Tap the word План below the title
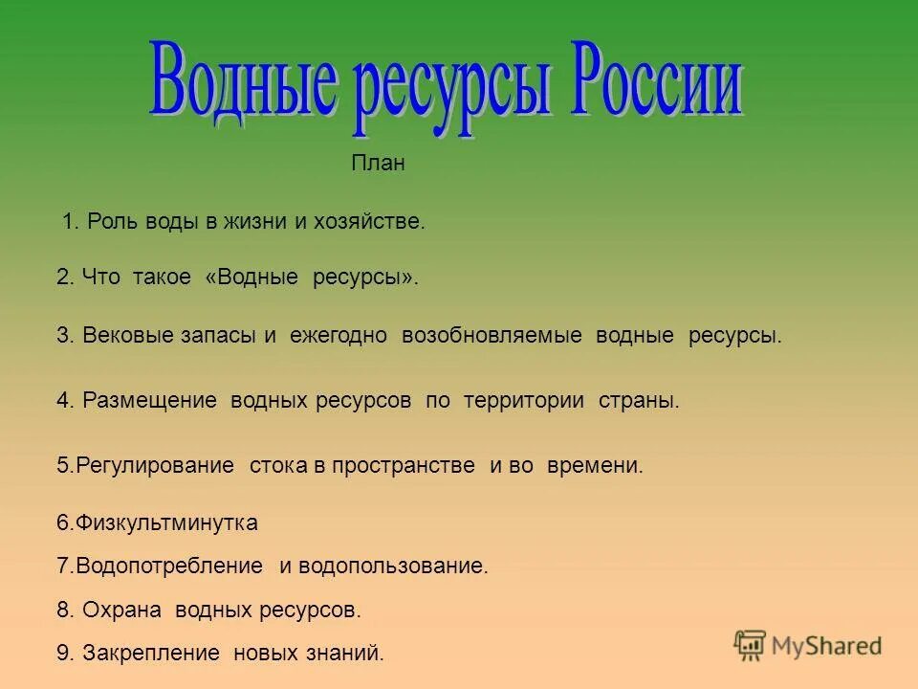click(378, 164)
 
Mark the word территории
click(524, 401)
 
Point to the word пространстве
click(412, 466)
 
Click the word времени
click(595, 466)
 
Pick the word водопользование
click(393, 567)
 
